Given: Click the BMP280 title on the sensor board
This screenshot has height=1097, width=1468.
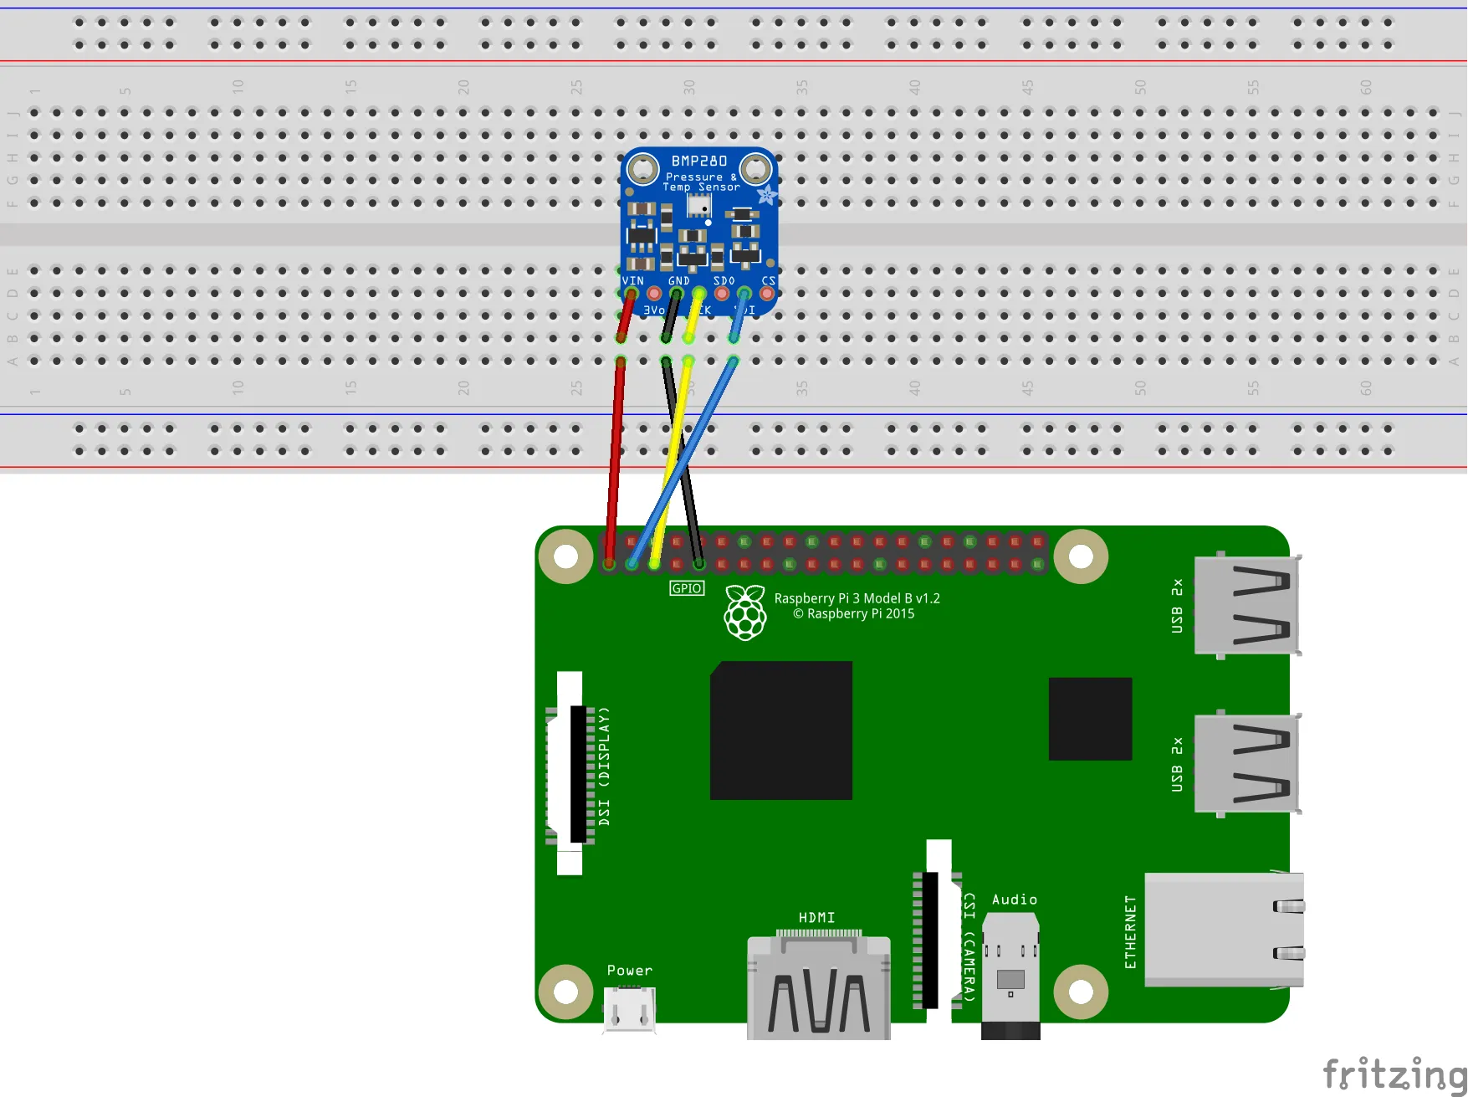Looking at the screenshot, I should coord(698,161).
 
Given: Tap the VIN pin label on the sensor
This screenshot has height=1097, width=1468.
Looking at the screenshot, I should coord(633,281).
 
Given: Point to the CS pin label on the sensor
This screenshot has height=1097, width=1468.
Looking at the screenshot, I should coord(768,281).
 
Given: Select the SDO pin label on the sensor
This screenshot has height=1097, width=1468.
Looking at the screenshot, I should coord(724,281).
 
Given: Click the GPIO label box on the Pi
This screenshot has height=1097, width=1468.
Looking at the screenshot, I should coord(687,588).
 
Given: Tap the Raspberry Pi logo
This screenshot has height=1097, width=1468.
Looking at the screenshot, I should coord(744,613).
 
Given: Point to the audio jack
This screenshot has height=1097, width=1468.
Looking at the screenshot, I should coord(1010,975).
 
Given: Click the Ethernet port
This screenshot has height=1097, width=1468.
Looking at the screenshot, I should coord(1223,929).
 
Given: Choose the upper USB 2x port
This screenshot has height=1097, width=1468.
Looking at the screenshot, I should coord(1246,605).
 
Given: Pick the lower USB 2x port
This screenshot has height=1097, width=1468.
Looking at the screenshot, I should coord(1246,763).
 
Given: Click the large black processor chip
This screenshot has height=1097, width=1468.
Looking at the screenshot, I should coord(780,730).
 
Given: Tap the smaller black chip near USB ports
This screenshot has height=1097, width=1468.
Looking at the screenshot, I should coord(1090,719).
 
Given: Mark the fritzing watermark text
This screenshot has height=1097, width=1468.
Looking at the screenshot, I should coord(1393,1074).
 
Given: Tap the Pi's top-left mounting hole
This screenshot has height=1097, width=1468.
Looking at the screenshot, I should coord(565,556).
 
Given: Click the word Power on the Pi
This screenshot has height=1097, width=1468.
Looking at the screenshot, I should coord(629,971).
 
